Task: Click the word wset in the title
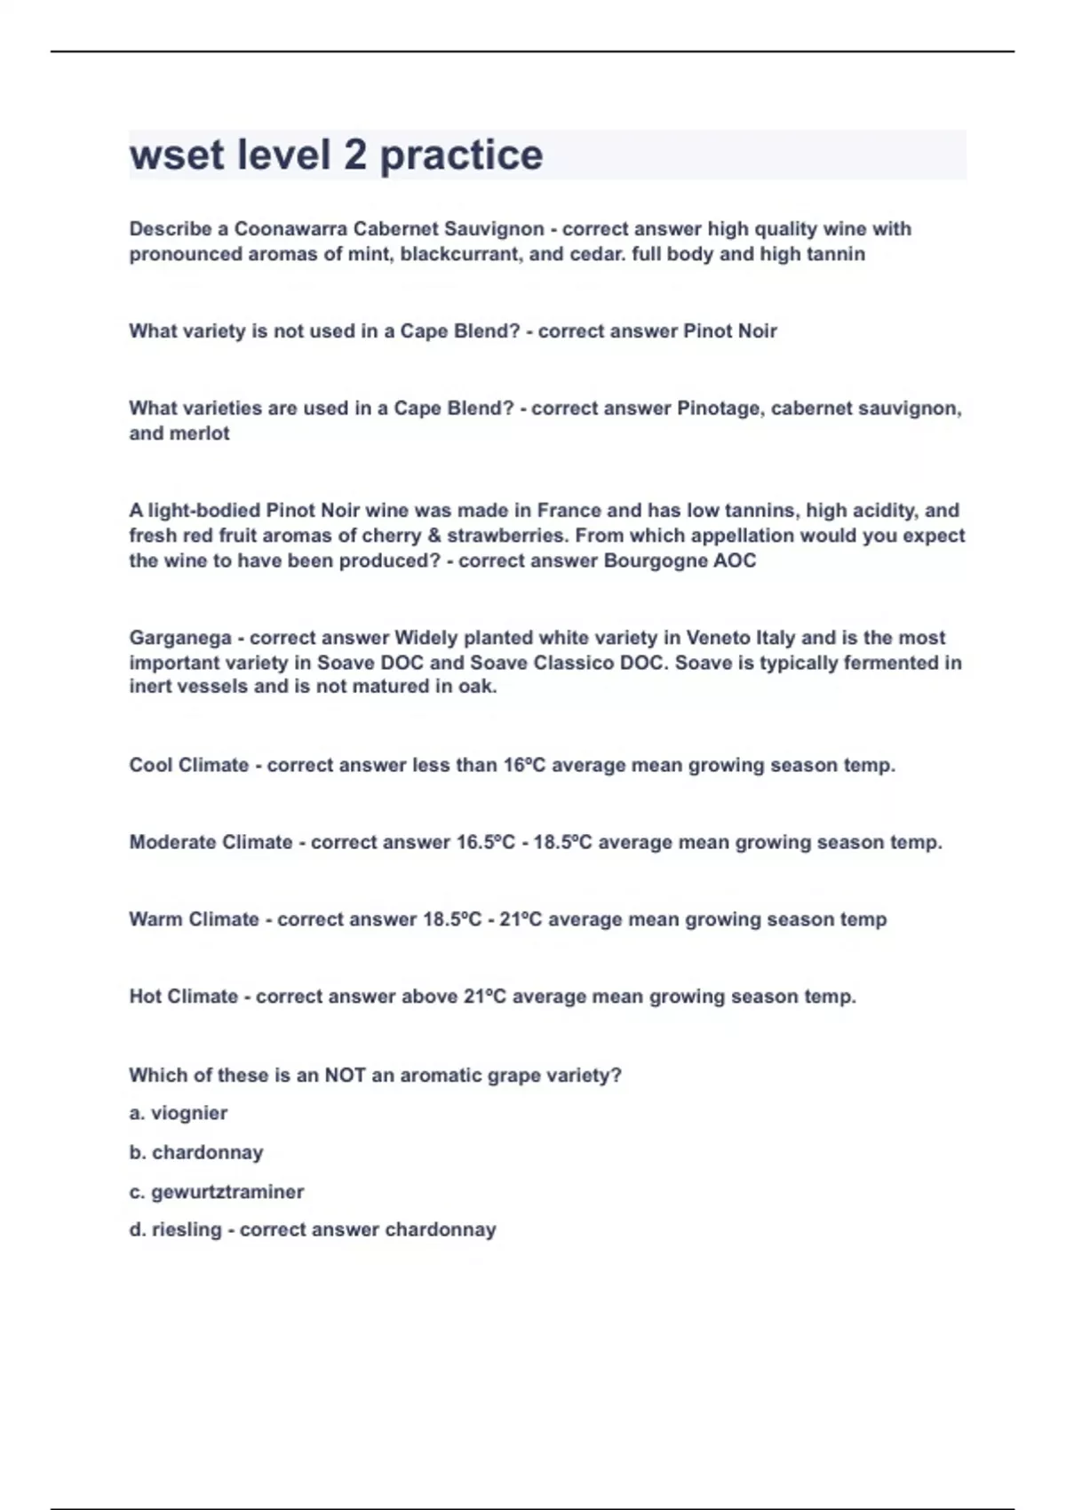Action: pos(177,155)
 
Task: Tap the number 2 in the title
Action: pos(354,155)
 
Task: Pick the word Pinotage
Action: pos(719,409)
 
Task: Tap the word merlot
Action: pos(205,433)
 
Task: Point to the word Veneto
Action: pos(706,638)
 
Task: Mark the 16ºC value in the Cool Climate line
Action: pos(524,766)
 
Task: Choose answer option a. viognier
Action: pos(179,1114)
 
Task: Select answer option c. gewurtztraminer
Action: pos(217,1192)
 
